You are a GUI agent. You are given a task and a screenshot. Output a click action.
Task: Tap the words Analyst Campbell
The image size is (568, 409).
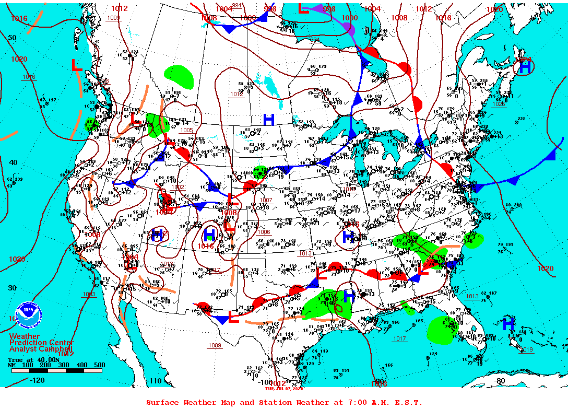(41, 349)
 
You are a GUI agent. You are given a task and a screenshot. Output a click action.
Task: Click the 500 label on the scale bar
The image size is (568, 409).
(99, 365)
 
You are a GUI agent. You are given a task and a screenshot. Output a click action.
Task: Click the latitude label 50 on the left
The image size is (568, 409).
(12, 38)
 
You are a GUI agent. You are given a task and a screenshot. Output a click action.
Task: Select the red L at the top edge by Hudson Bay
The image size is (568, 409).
(303, 8)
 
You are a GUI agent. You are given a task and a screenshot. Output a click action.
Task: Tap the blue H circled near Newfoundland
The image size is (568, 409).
(525, 67)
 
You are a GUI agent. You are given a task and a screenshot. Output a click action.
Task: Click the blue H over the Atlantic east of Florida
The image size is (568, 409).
(508, 324)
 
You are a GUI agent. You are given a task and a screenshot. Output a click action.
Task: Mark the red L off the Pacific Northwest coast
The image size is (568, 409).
(76, 65)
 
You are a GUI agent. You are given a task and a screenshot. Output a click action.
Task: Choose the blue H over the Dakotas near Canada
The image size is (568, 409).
(269, 119)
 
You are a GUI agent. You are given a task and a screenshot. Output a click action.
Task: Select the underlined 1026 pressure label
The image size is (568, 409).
(499, 104)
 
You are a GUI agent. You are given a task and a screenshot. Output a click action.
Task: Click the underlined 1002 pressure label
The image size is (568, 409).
(178, 187)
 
